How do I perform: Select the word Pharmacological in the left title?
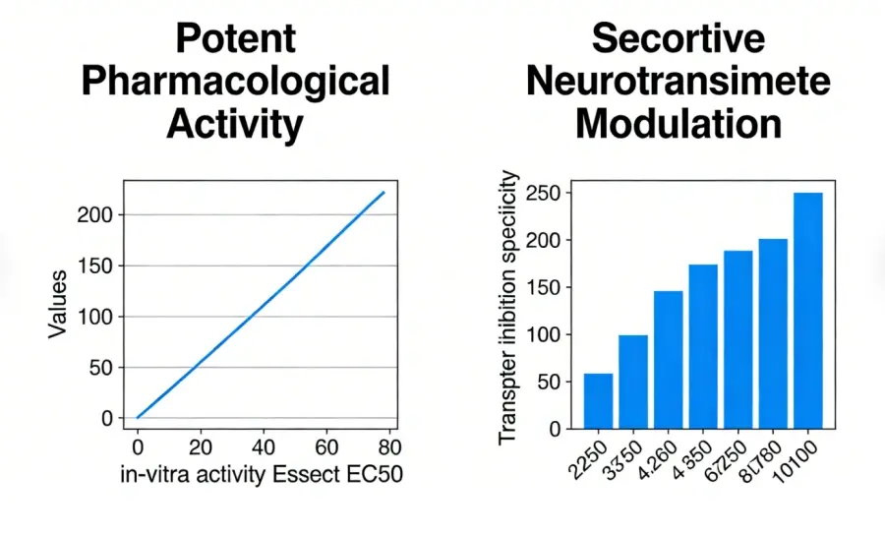coord(236,81)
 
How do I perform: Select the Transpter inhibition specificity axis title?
coord(508,307)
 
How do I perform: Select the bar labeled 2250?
coord(598,401)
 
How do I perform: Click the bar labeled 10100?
coord(808,311)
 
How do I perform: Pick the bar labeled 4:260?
coord(668,360)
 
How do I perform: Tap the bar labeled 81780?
coord(773,334)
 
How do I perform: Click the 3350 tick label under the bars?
coord(623,458)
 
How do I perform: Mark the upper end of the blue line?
coord(383,192)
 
